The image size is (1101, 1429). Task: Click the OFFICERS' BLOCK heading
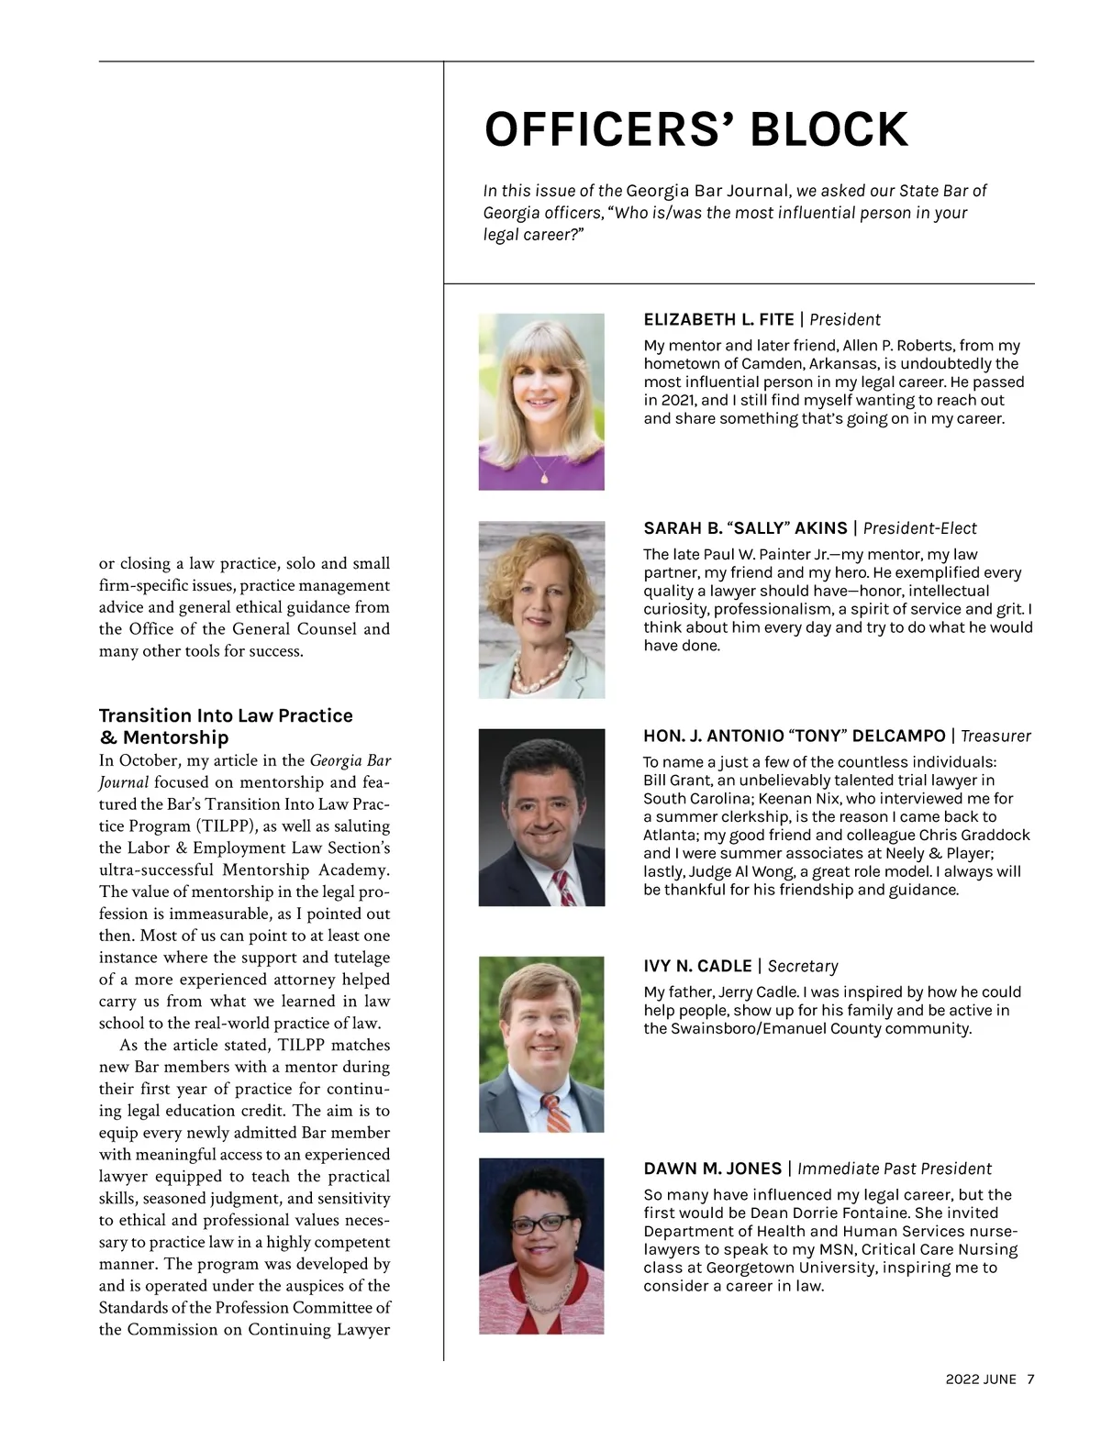click(695, 129)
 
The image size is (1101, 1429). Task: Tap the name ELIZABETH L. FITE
click(718, 319)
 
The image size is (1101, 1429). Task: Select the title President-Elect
click(919, 528)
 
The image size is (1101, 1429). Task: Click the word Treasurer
click(995, 736)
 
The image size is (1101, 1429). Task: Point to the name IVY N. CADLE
click(697, 966)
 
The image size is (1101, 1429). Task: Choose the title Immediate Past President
click(894, 1169)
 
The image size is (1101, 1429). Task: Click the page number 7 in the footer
click(1030, 1379)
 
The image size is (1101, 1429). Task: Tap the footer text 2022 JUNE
click(981, 1379)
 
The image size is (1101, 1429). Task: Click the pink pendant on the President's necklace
click(543, 477)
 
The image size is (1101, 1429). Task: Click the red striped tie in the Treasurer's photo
click(564, 888)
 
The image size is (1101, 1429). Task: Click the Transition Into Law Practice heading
click(226, 715)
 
